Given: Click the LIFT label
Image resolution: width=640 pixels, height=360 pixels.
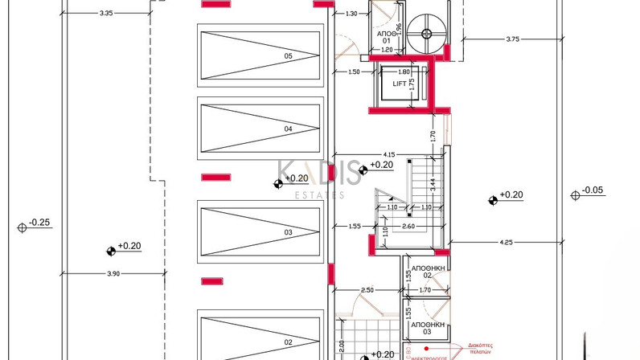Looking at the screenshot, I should pos(400,84).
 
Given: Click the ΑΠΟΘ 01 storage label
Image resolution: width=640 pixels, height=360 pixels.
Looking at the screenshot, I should pos(387,37).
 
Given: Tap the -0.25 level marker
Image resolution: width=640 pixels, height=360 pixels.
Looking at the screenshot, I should pos(39,223).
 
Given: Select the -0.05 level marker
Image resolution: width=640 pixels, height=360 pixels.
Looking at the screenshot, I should pos(592,190).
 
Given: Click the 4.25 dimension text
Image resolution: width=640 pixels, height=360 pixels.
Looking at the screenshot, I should pos(506,242).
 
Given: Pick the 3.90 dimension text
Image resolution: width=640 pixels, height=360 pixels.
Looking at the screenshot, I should pos(113,274).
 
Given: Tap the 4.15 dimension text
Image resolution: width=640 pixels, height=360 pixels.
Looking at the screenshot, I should pos(388,154).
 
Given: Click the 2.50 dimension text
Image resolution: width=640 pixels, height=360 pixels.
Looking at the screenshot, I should pos(367,289).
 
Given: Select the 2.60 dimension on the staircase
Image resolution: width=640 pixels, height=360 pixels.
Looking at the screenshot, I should pos(408,226).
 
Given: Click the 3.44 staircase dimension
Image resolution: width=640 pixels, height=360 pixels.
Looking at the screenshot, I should pos(432,183).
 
